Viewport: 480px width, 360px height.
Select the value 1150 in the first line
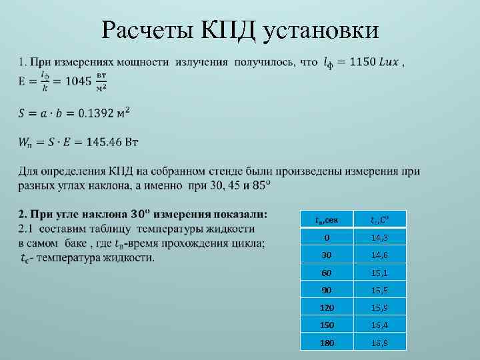click(367, 62)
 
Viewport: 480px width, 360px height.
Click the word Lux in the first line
click(389, 62)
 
